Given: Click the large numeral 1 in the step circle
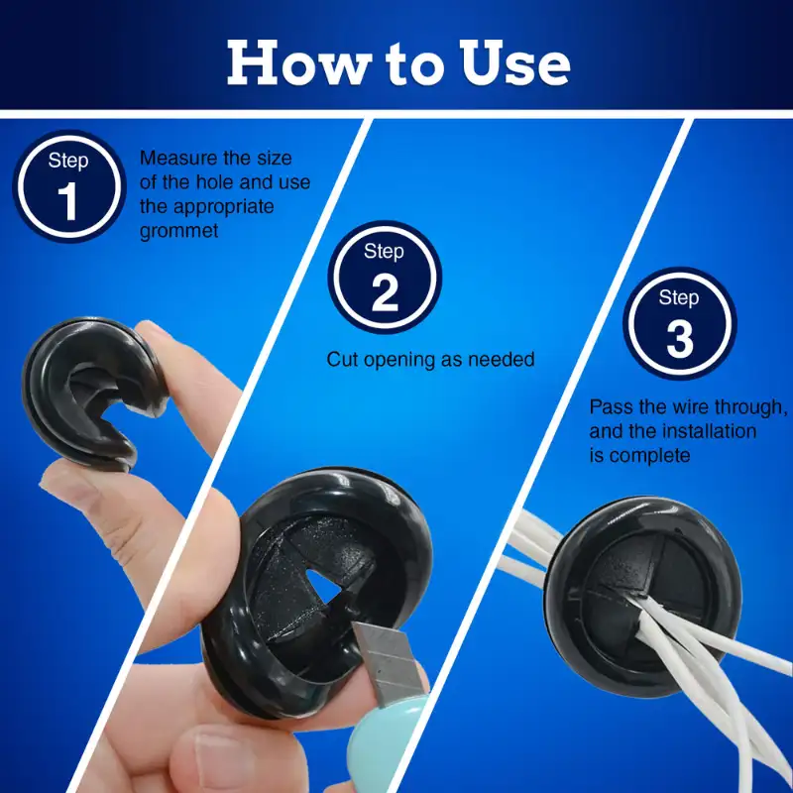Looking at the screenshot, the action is [67, 202].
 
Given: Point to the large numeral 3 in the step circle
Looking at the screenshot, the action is [679, 339].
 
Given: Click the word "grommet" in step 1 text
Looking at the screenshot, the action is [179, 231].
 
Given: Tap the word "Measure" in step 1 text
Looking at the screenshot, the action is [177, 158].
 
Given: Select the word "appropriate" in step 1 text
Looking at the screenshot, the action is [224, 207].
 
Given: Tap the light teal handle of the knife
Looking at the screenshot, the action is [387, 742].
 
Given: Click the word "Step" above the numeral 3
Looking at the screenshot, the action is [679, 297].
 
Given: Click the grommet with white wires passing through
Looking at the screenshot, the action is [642, 596].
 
